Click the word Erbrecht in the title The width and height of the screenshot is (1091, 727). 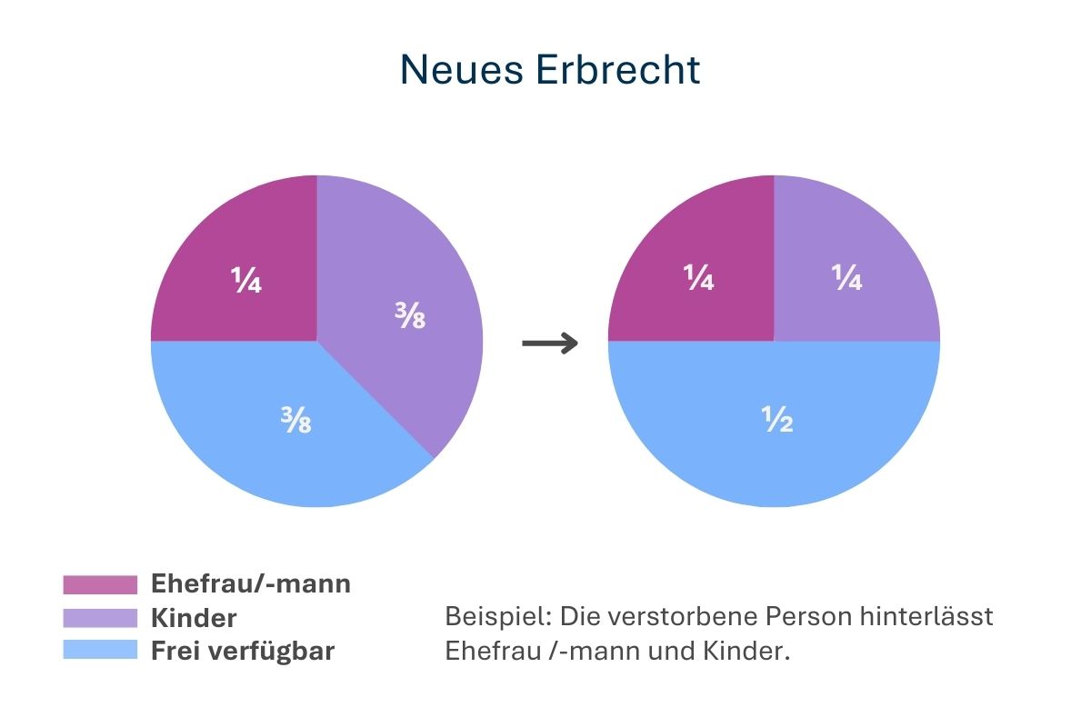pos(618,70)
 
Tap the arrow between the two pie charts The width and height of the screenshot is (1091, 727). pos(550,344)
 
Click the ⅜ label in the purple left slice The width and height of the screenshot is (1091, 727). pos(410,317)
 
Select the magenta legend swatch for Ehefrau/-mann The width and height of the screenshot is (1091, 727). pos(100,583)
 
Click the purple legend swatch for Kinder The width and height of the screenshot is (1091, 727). pos(100,618)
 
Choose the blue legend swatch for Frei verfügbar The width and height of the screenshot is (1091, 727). pos(100,651)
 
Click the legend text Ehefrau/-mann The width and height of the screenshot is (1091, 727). pos(250,583)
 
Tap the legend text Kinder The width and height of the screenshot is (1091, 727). pos(194,618)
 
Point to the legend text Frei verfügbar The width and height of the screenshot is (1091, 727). pos(243,651)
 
